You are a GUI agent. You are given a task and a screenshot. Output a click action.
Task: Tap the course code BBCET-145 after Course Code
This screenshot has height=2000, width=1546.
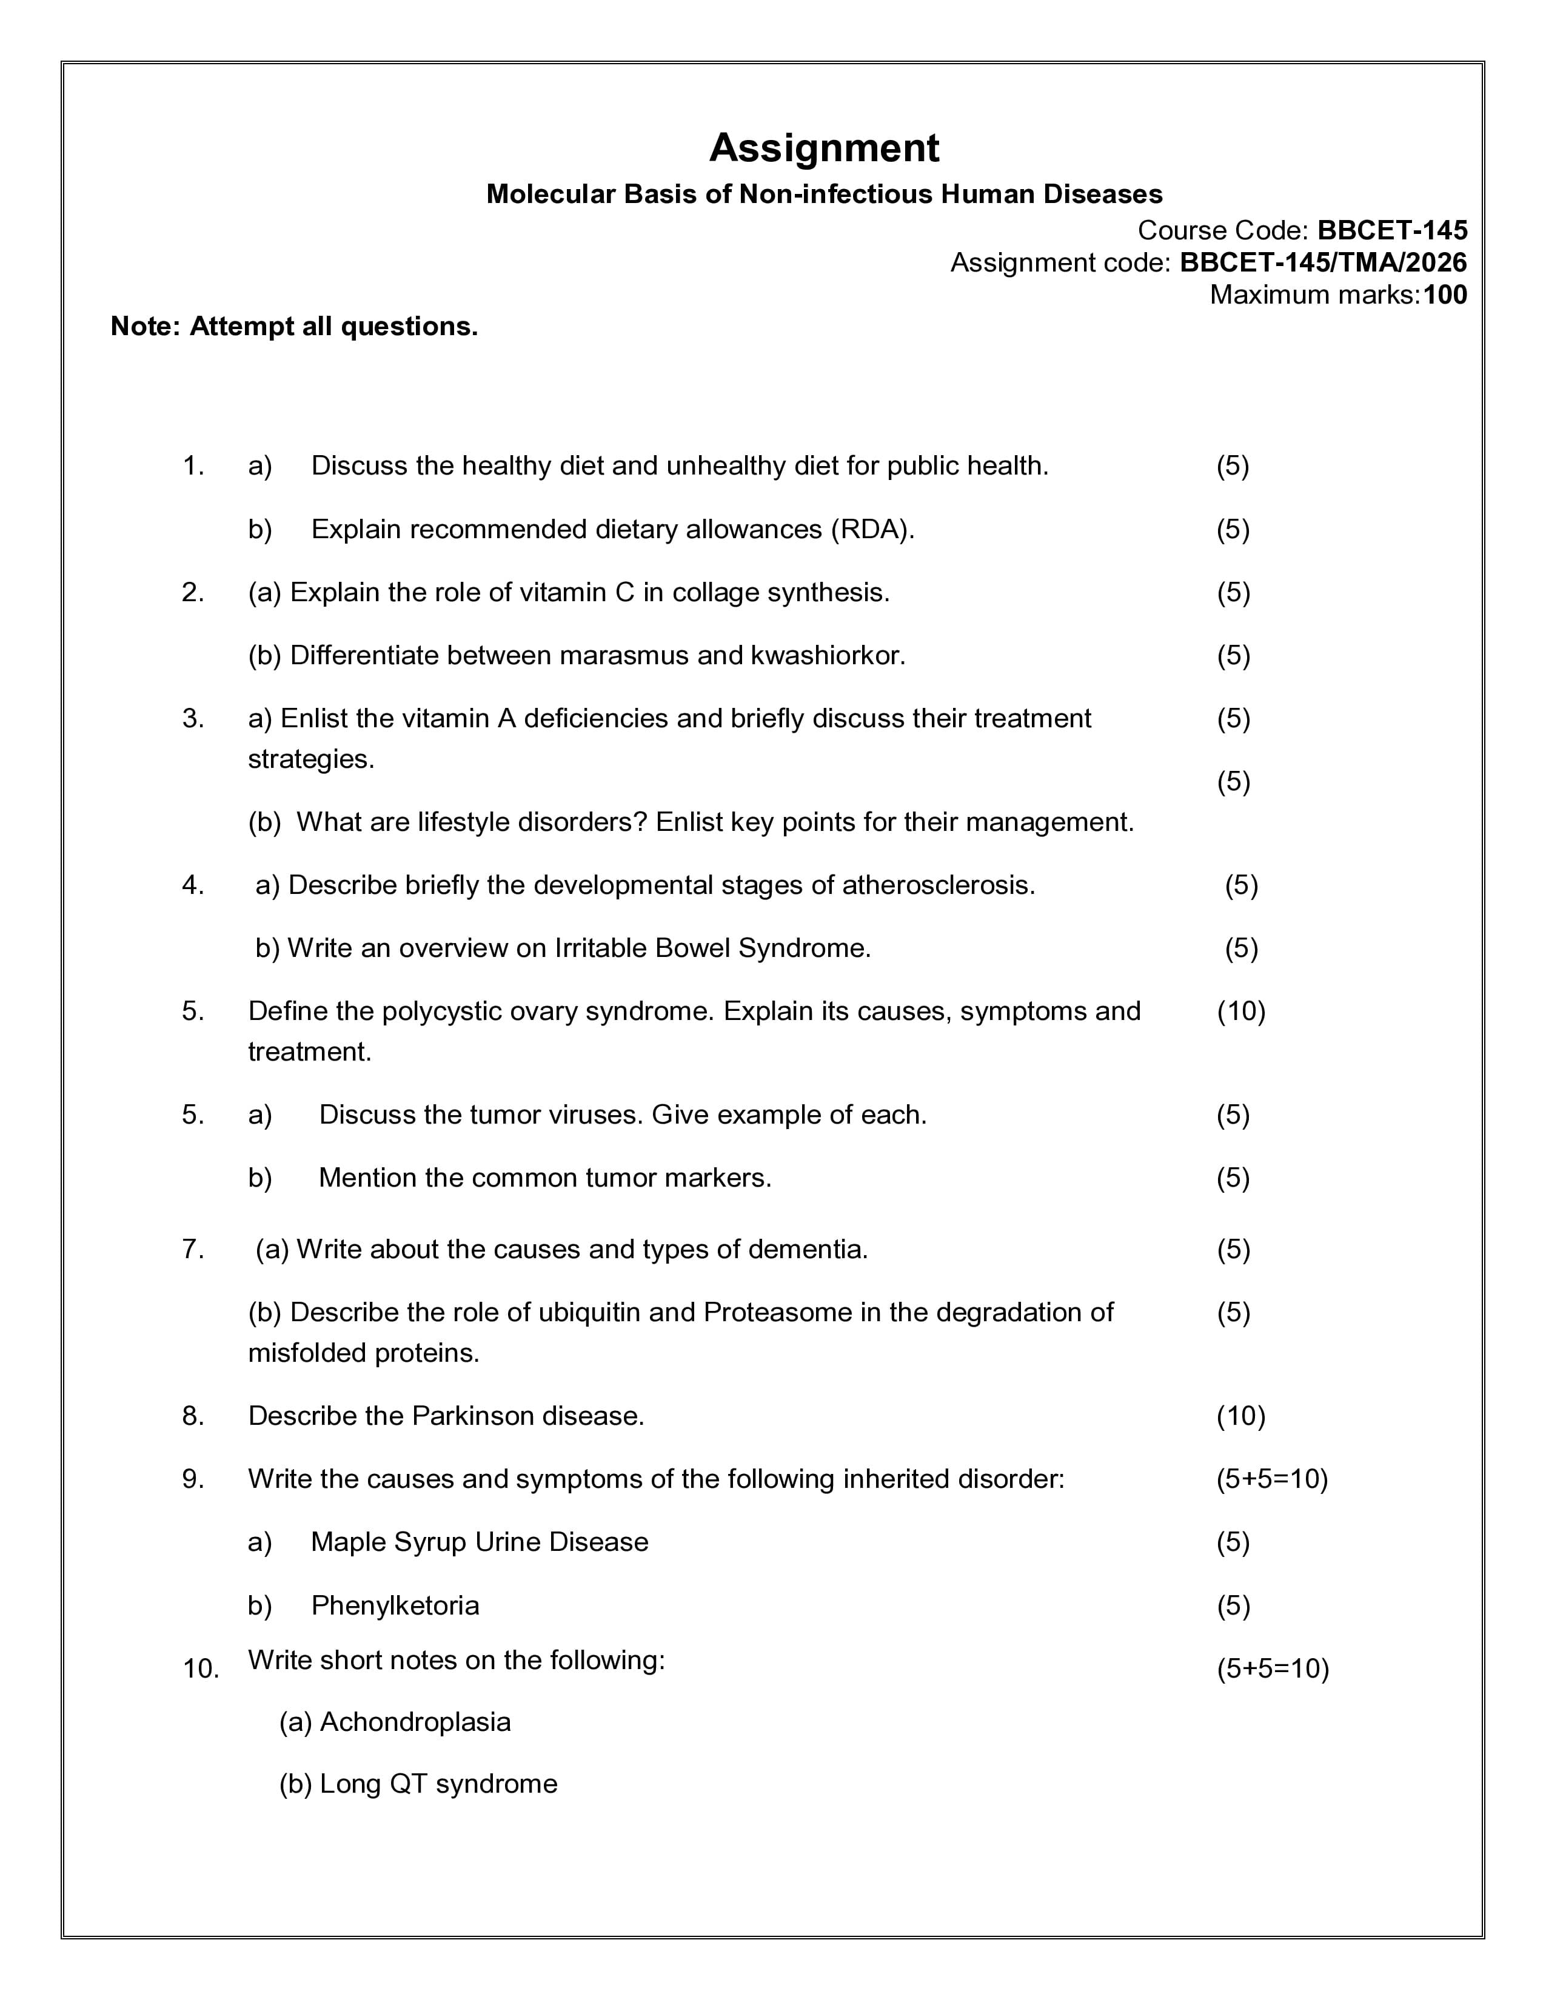pyautogui.click(x=1391, y=230)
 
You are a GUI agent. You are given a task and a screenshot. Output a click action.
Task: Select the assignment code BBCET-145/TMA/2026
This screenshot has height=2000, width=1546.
pyautogui.click(x=1322, y=263)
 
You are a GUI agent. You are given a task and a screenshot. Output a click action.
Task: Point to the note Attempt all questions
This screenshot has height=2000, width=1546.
pyautogui.click(x=294, y=327)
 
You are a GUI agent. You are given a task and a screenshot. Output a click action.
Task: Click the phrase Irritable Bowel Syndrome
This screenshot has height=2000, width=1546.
pyautogui.click(x=712, y=948)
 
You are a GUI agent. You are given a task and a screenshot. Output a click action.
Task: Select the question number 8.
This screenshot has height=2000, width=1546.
pyautogui.click(x=192, y=1416)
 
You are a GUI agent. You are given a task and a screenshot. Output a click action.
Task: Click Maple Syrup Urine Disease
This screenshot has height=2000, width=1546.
pyautogui.click(x=479, y=1542)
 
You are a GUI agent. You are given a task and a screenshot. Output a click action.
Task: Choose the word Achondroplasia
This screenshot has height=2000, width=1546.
pyautogui.click(x=414, y=1722)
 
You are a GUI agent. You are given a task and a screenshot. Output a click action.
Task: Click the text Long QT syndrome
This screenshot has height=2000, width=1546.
pyautogui.click(x=438, y=1784)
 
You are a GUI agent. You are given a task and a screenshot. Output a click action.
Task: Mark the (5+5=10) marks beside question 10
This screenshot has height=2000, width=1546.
pyautogui.click(x=1272, y=1668)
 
